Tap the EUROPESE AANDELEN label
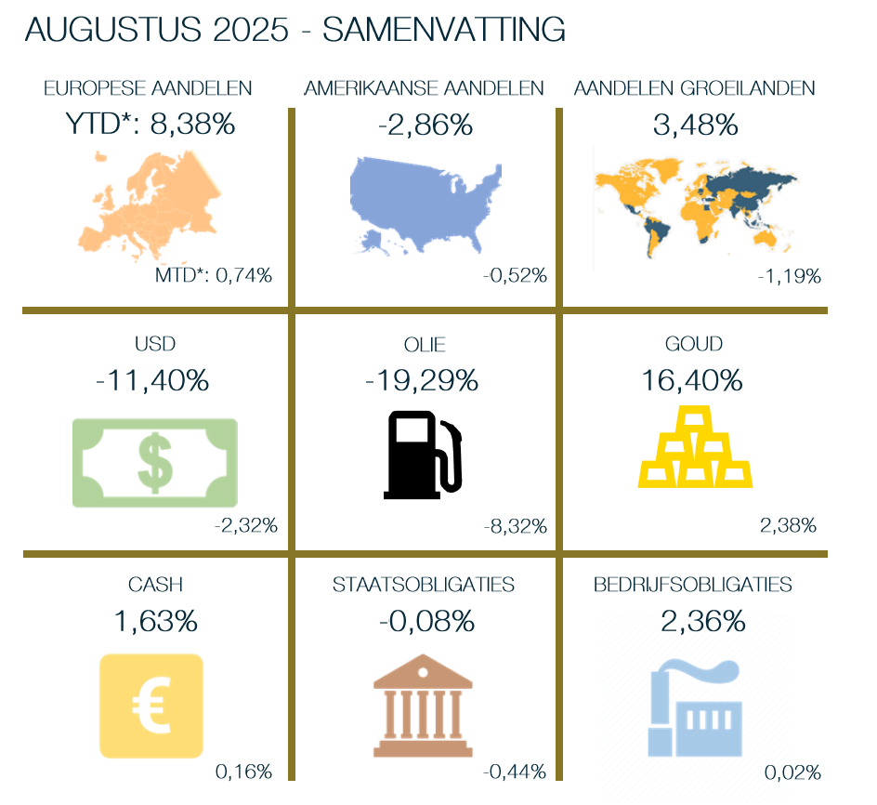coord(149,88)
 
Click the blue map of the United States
coord(423,203)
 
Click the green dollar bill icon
coord(155,463)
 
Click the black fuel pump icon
coord(423,454)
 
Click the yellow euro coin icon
coord(151,705)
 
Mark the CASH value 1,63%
coord(155,621)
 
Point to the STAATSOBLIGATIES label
coord(424,585)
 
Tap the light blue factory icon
coord(694,708)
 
